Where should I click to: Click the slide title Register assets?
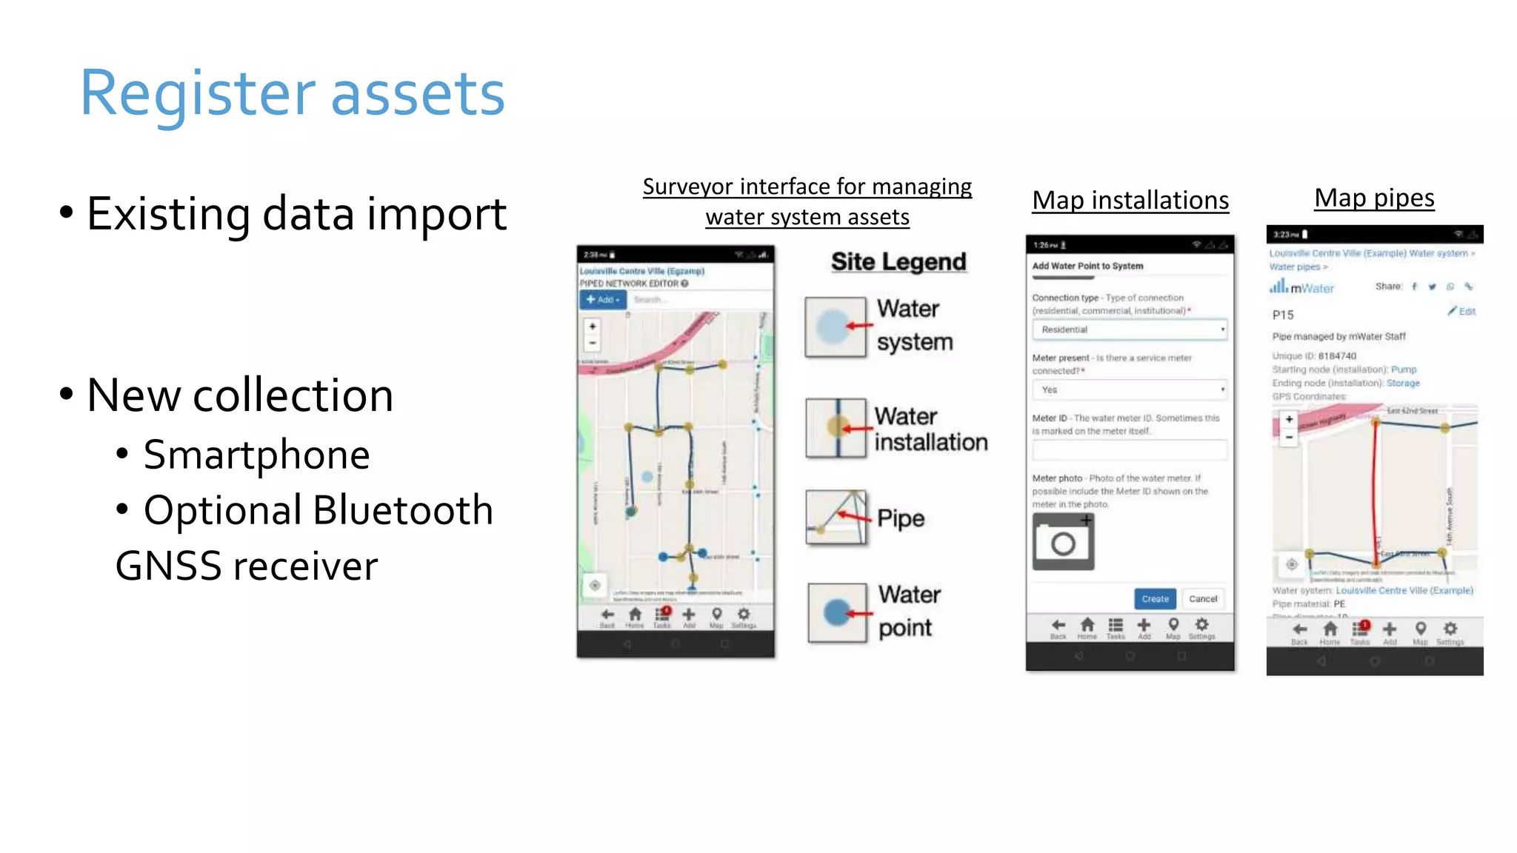click(x=293, y=94)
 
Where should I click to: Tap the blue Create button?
click(x=1155, y=599)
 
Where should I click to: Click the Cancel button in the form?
click(x=1203, y=599)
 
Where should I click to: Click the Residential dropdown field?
click(x=1130, y=330)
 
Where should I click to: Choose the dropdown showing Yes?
click(x=1130, y=389)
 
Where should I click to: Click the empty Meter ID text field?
click(x=1130, y=449)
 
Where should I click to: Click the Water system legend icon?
click(x=836, y=327)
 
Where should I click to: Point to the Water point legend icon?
click(x=837, y=612)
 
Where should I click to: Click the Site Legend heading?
click(x=898, y=261)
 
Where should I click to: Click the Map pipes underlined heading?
click(x=1374, y=198)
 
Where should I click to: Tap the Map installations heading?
click(x=1130, y=200)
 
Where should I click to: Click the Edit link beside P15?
click(x=1463, y=312)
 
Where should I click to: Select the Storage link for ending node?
click(x=1403, y=383)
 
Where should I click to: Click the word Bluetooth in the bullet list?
click(x=403, y=510)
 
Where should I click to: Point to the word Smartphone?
click(x=256, y=454)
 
